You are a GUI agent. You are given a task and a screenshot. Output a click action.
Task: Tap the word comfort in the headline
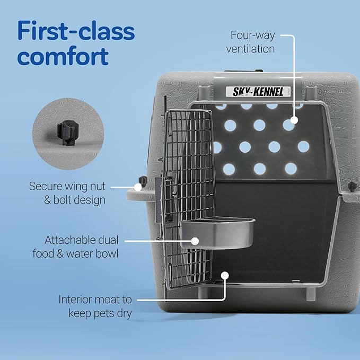[63, 56]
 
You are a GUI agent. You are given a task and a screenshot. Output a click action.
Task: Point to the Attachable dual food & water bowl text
[81, 247]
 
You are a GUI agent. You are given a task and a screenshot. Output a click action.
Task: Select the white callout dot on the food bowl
[195, 241]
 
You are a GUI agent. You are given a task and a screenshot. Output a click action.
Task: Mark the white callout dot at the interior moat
[225, 275]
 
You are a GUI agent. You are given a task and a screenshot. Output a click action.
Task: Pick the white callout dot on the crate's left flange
[138, 187]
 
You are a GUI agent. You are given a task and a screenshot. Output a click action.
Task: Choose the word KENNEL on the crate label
[271, 91]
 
